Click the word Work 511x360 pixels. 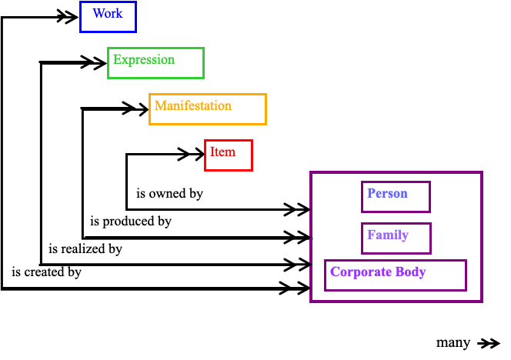point(108,14)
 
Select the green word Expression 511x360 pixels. point(144,60)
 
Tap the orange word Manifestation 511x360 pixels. point(193,105)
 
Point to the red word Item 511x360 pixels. point(223,152)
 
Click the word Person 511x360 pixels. point(387,193)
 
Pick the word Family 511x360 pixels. point(388,235)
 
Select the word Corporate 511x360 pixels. point(360,272)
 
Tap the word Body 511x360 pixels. point(410,272)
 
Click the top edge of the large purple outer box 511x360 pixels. point(396,172)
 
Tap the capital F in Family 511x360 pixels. point(371,235)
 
